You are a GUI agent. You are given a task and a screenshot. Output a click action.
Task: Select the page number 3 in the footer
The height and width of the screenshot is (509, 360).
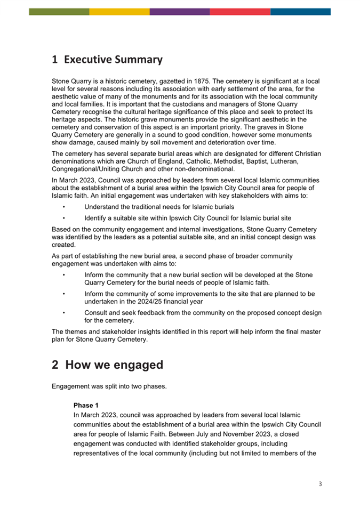click(x=320, y=484)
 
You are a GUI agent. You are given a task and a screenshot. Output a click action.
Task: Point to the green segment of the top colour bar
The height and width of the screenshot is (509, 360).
click(x=59, y=11)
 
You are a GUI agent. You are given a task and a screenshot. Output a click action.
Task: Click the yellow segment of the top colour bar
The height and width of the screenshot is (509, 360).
click(x=119, y=11)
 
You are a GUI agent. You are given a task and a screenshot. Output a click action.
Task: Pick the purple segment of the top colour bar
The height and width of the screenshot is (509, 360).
click(x=180, y=11)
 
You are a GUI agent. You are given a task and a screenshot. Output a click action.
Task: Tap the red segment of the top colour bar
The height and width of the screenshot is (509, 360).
click(x=240, y=11)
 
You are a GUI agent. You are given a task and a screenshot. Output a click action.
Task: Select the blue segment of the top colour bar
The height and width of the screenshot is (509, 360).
click(x=300, y=11)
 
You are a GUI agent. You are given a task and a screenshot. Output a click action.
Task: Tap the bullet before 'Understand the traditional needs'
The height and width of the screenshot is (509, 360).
click(x=63, y=207)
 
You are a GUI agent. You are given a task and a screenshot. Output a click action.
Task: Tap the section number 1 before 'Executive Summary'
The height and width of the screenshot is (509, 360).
click(x=55, y=59)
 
